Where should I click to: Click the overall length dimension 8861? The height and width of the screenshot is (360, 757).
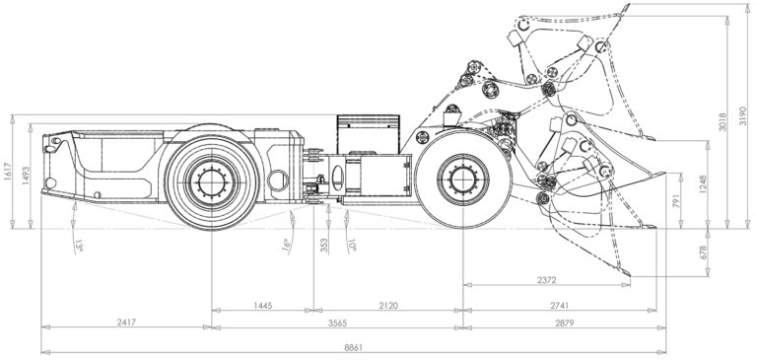(x=354, y=347)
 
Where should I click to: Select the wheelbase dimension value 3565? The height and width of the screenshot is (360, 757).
(x=337, y=323)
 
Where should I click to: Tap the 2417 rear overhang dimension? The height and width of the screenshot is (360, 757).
(x=127, y=323)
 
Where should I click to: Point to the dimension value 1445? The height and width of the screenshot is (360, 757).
(x=263, y=306)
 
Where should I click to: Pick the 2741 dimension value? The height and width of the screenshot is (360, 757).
(x=560, y=306)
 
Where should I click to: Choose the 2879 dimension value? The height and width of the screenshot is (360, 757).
(x=565, y=323)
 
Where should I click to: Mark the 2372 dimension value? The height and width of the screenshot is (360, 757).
(x=547, y=280)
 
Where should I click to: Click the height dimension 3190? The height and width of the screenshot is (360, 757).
(x=742, y=116)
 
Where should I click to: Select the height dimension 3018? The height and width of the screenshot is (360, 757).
(x=723, y=122)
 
